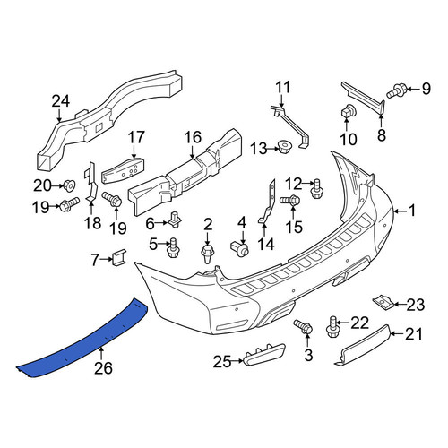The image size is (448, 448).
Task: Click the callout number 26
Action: click(x=103, y=368)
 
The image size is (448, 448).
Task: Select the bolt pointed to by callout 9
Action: click(x=396, y=90)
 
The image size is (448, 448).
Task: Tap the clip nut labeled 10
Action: click(x=347, y=111)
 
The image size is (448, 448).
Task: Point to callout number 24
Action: click(x=61, y=101)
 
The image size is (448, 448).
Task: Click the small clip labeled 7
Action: click(x=119, y=256)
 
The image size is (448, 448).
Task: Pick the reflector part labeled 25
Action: click(x=264, y=354)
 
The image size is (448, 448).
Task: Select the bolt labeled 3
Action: click(x=303, y=327)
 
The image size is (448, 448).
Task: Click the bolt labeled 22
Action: click(x=332, y=327)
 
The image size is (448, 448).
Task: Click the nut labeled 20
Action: click(x=69, y=185)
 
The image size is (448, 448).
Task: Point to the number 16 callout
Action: click(x=193, y=137)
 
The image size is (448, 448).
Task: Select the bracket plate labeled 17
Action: click(x=123, y=170)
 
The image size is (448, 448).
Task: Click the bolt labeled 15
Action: click(x=289, y=200)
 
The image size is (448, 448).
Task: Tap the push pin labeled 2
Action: click(x=208, y=254)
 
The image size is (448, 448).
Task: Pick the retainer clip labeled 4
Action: click(x=240, y=248)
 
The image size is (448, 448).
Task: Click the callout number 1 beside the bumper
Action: click(x=412, y=211)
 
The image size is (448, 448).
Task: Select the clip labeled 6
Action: click(x=176, y=220)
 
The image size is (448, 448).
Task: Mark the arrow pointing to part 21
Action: click(x=398, y=333)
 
